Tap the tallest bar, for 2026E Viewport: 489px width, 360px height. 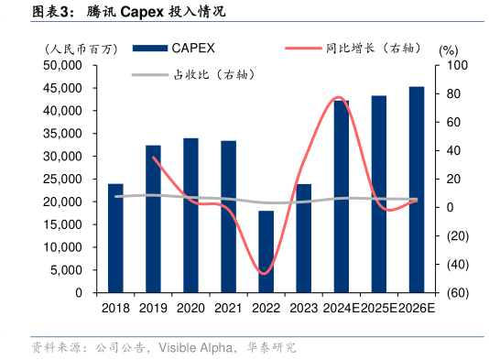416,190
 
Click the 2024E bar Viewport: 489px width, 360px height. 341,196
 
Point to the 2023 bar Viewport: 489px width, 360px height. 303,238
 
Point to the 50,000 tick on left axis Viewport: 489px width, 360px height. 62,66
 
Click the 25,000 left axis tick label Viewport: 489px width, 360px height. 62,180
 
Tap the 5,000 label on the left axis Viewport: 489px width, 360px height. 66,270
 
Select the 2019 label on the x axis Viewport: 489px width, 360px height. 153,310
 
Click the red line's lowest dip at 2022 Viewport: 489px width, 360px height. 265,273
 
